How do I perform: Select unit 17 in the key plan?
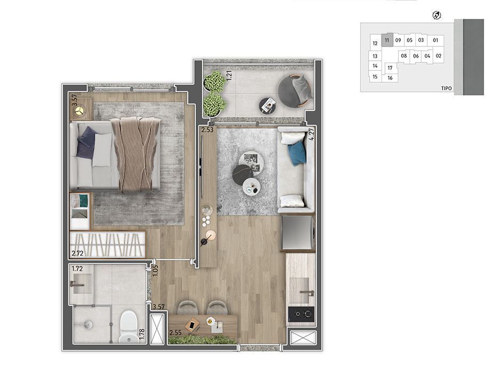pyautogui.click(x=390, y=68)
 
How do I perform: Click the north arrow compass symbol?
pyautogui.click(x=436, y=15)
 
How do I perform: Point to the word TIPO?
pyautogui.click(x=446, y=88)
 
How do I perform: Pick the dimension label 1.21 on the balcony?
pyautogui.click(x=229, y=75)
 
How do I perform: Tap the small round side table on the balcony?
pyautogui.click(x=268, y=105)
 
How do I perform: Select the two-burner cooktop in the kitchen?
pyautogui.click(x=301, y=313)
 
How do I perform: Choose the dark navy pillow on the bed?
pyautogui.click(x=86, y=143)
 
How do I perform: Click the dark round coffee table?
pyautogui.click(x=242, y=175)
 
